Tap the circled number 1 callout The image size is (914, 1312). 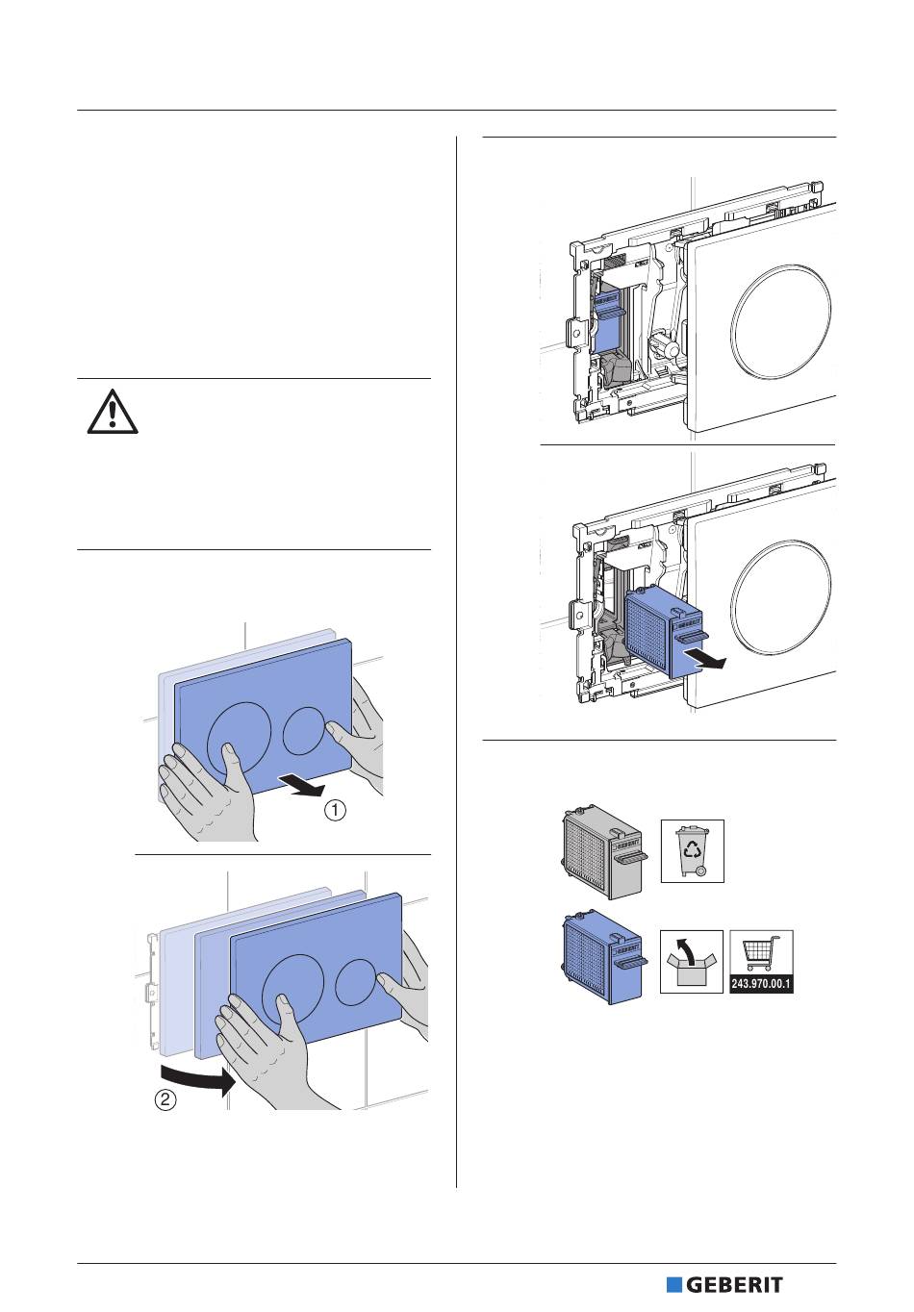point(335,811)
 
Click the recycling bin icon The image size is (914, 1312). point(692,850)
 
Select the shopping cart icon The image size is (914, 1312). point(761,955)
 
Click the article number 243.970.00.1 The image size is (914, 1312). point(761,984)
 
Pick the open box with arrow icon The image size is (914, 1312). point(692,961)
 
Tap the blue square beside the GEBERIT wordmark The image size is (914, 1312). point(674,1285)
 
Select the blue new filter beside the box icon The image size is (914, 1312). point(600,961)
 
